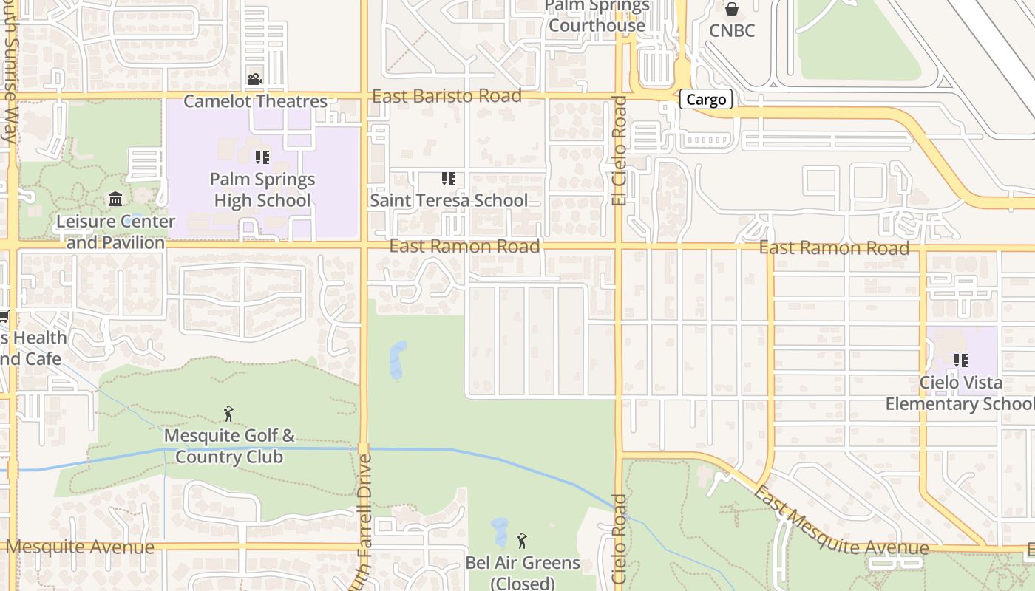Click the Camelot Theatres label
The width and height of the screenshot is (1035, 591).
(255, 101)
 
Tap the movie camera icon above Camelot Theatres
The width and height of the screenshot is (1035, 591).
(254, 79)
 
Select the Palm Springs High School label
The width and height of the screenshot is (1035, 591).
(262, 190)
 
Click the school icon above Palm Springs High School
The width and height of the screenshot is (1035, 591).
(262, 157)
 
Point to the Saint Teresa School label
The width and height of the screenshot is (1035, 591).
(449, 200)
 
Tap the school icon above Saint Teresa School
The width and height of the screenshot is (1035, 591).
(448, 179)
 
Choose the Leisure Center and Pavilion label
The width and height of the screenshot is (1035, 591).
(116, 232)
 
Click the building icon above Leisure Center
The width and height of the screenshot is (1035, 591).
(115, 199)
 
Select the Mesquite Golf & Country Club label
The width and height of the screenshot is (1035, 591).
(229, 446)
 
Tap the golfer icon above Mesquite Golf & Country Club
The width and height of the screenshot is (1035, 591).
(228, 414)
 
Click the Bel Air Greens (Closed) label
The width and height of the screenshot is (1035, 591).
(523, 573)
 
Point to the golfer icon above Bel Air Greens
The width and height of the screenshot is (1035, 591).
(522, 541)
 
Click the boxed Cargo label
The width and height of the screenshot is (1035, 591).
(706, 100)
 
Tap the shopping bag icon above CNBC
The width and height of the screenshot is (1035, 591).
(732, 9)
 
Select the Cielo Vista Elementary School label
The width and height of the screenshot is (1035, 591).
(960, 393)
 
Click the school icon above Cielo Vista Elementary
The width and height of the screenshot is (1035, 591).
(960, 361)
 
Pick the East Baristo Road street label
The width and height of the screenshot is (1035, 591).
(447, 96)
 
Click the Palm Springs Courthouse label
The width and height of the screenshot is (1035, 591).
(597, 16)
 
